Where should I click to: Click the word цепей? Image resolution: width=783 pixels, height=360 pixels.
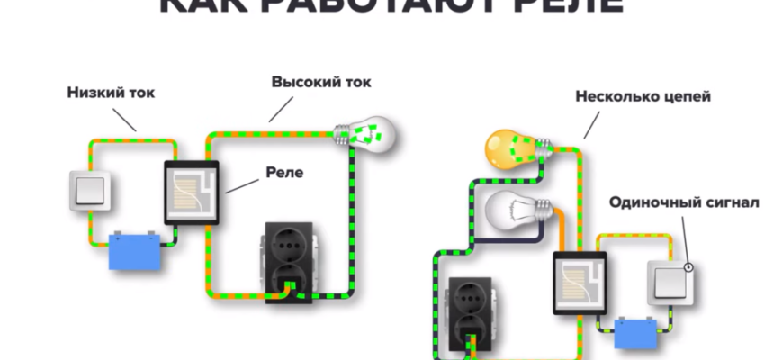tap(686, 95)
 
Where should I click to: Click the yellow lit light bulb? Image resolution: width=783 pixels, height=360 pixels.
tap(514, 147)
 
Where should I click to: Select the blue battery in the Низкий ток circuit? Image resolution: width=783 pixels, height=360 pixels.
tap(136, 252)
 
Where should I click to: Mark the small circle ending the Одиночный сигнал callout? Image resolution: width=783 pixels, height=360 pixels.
tap(688, 266)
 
